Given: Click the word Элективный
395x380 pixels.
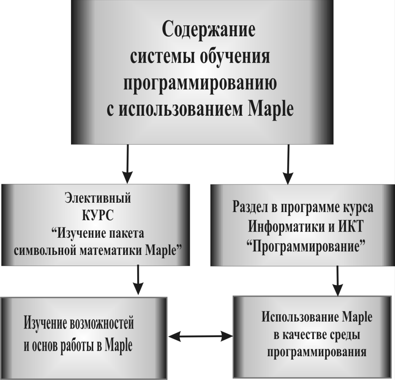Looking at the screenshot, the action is click(x=98, y=198).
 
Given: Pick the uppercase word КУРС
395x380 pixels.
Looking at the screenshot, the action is click(x=98, y=216).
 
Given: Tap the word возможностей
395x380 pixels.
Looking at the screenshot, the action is click(x=101, y=323).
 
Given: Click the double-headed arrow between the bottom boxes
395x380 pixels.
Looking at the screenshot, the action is click(x=200, y=336).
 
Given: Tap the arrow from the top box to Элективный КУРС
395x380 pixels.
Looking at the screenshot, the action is click(x=128, y=164).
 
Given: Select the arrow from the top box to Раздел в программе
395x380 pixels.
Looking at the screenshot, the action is click(x=288, y=164).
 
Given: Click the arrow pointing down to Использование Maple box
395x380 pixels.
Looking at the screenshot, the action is click(x=338, y=281).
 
